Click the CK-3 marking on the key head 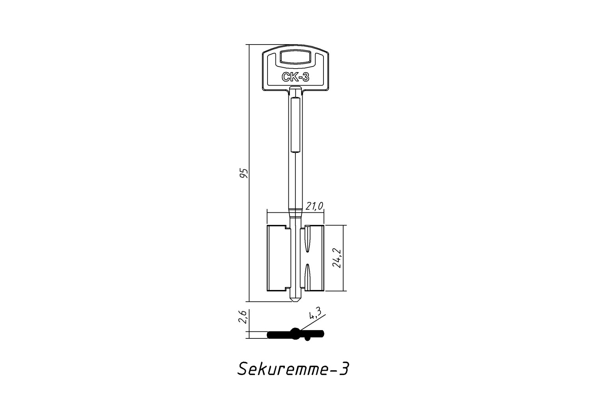tap(295, 77)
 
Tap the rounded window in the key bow tap(295, 57)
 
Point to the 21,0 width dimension tap(314, 206)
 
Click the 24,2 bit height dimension tap(337, 258)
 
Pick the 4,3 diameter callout tap(315, 314)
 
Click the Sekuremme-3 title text tap(293, 369)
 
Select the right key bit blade tap(312, 258)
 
